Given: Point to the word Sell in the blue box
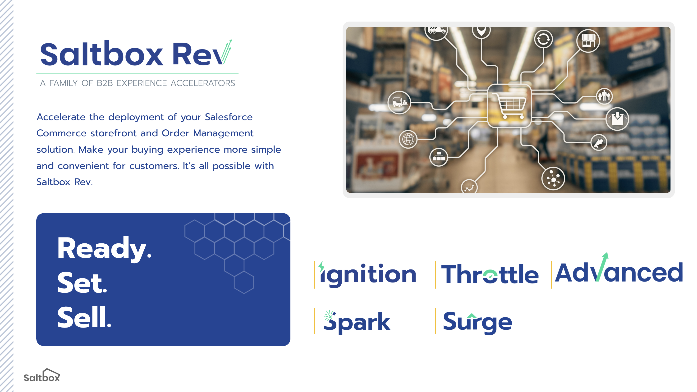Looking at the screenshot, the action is coord(84,317).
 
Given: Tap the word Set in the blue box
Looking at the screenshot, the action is coord(82,283).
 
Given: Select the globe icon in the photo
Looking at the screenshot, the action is coord(408,139).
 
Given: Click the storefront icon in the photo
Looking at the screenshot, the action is coord(588,41).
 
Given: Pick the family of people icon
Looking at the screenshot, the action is coord(605,96).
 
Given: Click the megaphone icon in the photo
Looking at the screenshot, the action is coord(599,142).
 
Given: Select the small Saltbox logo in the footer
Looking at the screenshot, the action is coord(42,375).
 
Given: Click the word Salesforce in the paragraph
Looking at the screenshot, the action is coord(229,117).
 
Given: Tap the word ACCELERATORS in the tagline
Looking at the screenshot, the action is coord(203,83).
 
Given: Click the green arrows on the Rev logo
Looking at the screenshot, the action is coord(226,51).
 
